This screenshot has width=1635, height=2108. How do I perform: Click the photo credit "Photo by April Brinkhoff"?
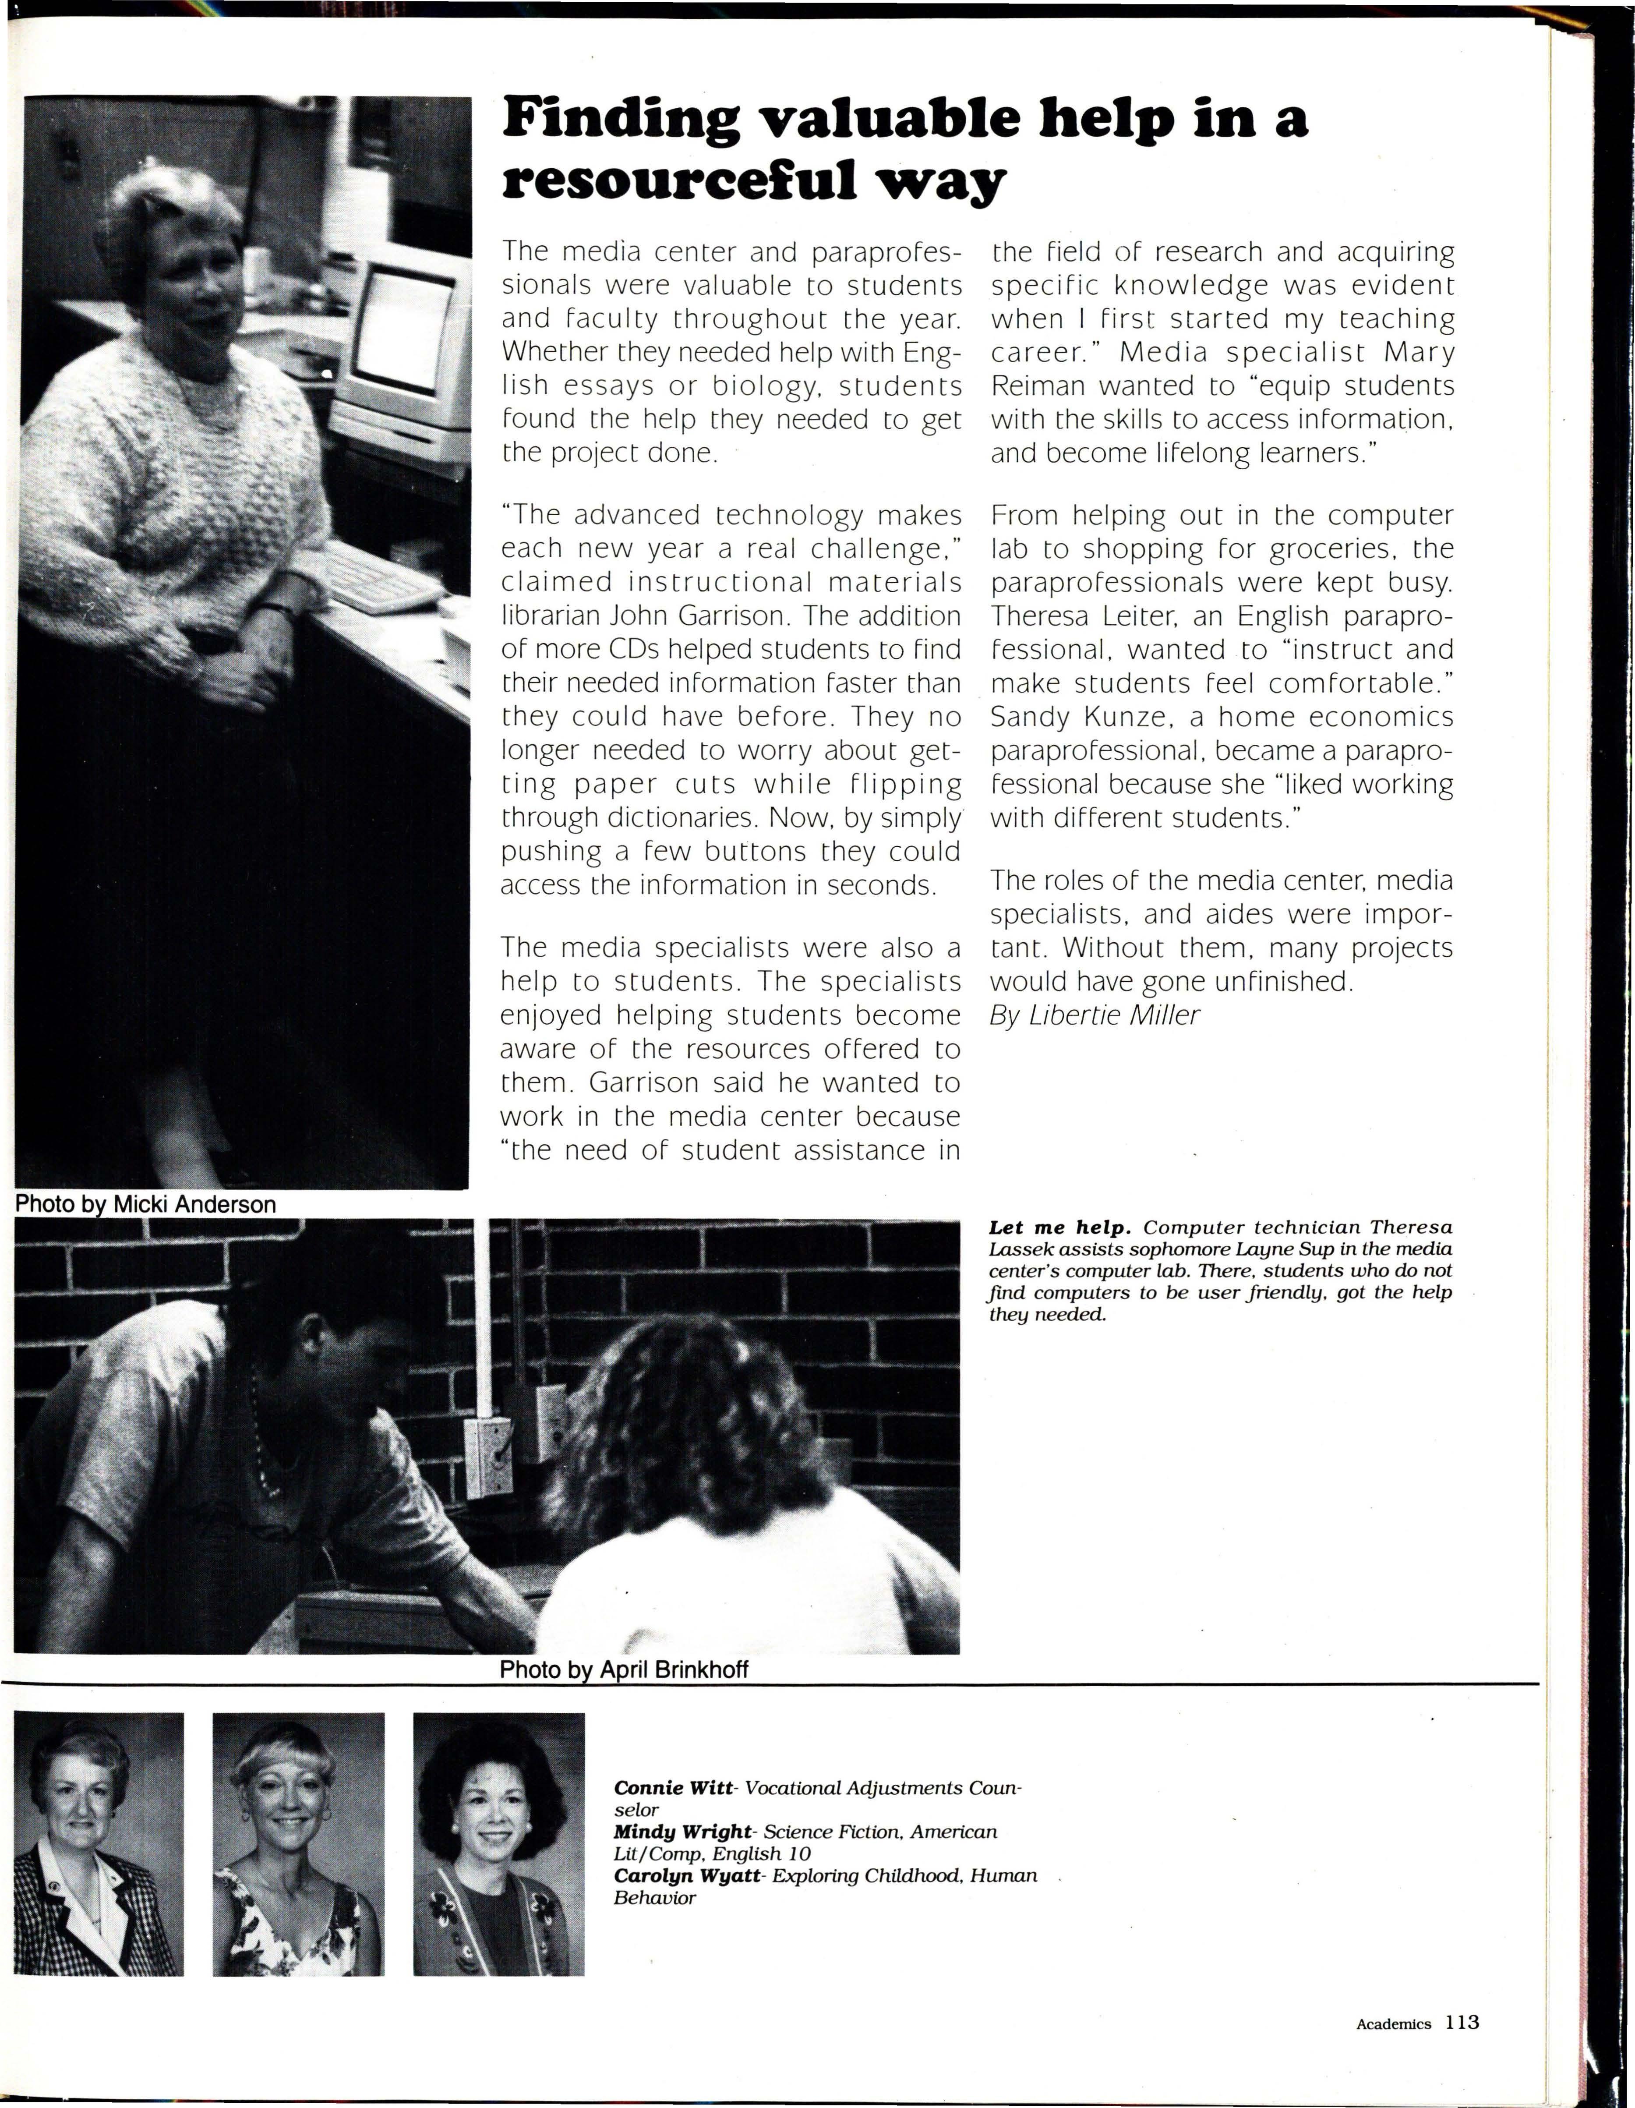click(624, 1670)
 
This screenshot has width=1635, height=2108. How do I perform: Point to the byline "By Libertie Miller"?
click(1095, 1015)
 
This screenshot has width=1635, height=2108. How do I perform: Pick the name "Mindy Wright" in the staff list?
click(682, 1832)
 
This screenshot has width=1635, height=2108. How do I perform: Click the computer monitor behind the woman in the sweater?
click(401, 333)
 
